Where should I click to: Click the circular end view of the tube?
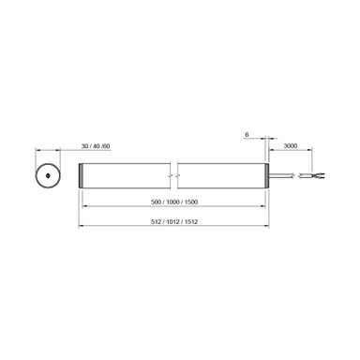pyautogui.click(x=45, y=175)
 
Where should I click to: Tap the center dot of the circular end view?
pyautogui.click(x=45, y=175)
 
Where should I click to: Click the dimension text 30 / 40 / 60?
pyautogui.click(x=96, y=147)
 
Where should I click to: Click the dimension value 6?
pyautogui.click(x=247, y=135)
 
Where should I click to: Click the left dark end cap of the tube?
pyautogui.click(x=82, y=175)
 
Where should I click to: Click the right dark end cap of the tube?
pyautogui.click(x=267, y=175)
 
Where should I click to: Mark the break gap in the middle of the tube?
pyautogui.click(x=175, y=175)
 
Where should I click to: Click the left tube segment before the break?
pyautogui.click(x=127, y=175)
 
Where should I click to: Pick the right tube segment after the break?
pyautogui.click(x=221, y=175)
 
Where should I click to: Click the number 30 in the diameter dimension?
pyautogui.click(x=84, y=147)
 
